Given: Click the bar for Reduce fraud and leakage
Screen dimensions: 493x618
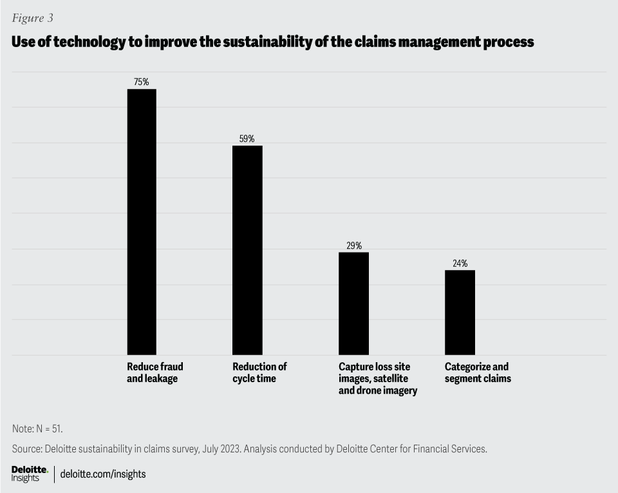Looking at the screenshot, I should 142,222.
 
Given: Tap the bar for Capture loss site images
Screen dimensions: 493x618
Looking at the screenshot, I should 353,303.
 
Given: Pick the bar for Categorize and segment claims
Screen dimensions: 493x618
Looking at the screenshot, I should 460,312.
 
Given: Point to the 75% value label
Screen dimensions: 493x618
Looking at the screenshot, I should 142,82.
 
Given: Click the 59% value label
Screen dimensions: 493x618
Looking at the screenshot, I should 247,139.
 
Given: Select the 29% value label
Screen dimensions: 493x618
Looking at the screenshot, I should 354,246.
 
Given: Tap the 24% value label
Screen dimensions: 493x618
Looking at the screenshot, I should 460,263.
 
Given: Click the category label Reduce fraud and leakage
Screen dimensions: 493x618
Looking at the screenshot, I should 154,372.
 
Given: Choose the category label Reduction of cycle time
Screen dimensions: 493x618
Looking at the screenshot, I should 259,372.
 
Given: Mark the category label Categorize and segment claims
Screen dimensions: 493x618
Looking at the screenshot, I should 478,372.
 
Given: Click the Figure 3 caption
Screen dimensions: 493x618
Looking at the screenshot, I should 32,18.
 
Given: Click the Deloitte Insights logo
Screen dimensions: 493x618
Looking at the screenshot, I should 30,474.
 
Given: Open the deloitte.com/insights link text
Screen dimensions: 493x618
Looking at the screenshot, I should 103,474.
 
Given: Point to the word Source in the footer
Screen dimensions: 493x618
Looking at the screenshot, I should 26,449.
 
